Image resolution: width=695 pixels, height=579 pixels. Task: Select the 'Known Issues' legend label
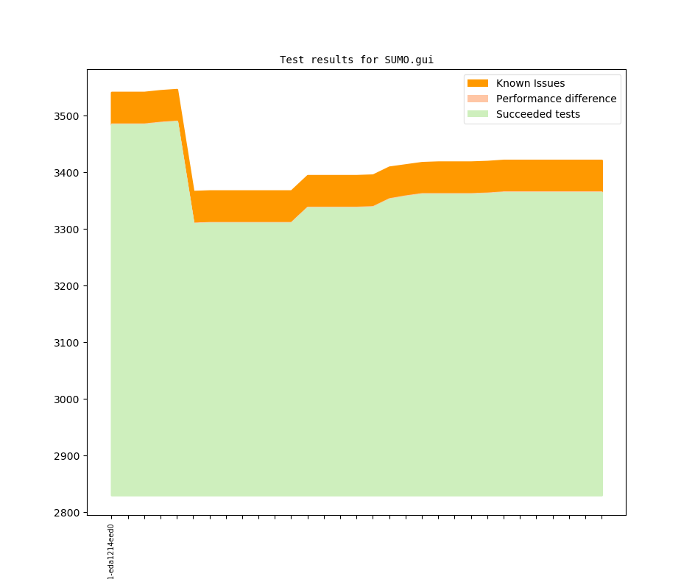(x=530, y=83)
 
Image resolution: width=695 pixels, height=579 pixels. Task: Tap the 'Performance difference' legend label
(x=556, y=99)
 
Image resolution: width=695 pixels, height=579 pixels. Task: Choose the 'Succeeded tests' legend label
(x=537, y=114)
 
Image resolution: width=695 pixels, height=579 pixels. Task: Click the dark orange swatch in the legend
(x=478, y=83)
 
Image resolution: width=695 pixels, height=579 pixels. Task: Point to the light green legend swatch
(x=478, y=114)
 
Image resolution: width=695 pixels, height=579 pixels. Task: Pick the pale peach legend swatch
(x=478, y=99)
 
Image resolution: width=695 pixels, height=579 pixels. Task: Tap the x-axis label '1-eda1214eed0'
(x=111, y=551)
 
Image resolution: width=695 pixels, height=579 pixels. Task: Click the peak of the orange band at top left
(x=177, y=90)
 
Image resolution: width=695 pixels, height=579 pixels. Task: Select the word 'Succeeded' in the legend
(x=521, y=114)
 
